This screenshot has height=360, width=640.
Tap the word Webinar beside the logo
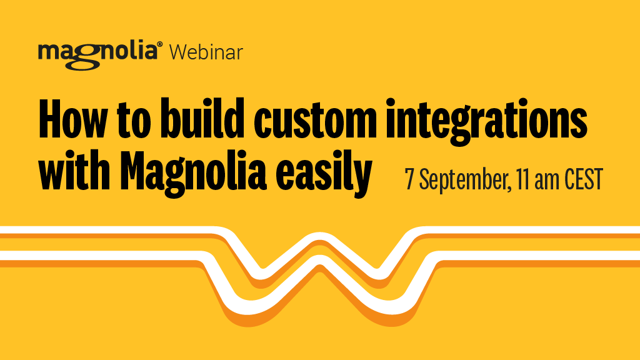pyautogui.click(x=206, y=52)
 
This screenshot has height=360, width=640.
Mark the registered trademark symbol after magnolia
pyautogui.click(x=161, y=45)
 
